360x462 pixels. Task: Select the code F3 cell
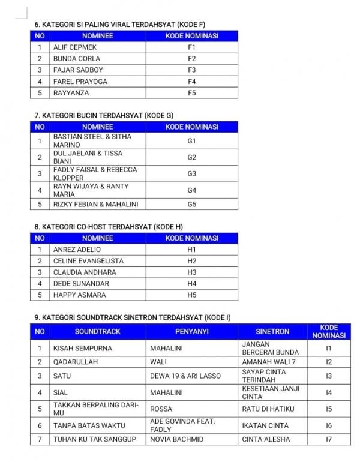(x=191, y=70)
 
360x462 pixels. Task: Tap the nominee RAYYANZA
(x=71, y=92)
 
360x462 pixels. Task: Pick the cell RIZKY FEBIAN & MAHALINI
(x=96, y=204)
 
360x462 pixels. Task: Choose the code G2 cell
(x=191, y=157)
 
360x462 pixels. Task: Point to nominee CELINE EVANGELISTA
(x=88, y=261)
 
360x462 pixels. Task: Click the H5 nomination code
(x=191, y=295)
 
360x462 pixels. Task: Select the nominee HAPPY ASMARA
(x=79, y=295)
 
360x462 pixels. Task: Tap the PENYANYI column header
(x=192, y=331)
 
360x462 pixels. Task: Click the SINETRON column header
(x=272, y=331)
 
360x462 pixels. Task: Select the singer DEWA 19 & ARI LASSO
(x=185, y=376)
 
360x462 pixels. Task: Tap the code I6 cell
(x=328, y=425)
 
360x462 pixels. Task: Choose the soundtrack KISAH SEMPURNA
(x=83, y=348)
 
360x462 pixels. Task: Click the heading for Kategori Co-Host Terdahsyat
(x=109, y=227)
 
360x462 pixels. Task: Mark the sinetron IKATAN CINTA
(x=265, y=425)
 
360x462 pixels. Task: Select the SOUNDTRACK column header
(x=97, y=331)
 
